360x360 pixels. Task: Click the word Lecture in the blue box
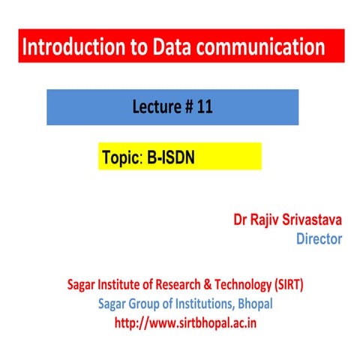point(156,107)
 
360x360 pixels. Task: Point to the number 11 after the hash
point(205,107)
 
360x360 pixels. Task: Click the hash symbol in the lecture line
point(189,107)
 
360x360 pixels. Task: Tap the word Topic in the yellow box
point(119,159)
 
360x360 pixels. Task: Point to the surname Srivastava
point(314,220)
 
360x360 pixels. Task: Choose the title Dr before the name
point(241,220)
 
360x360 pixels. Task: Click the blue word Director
point(319,239)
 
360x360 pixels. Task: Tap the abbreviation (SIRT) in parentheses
point(286,286)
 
